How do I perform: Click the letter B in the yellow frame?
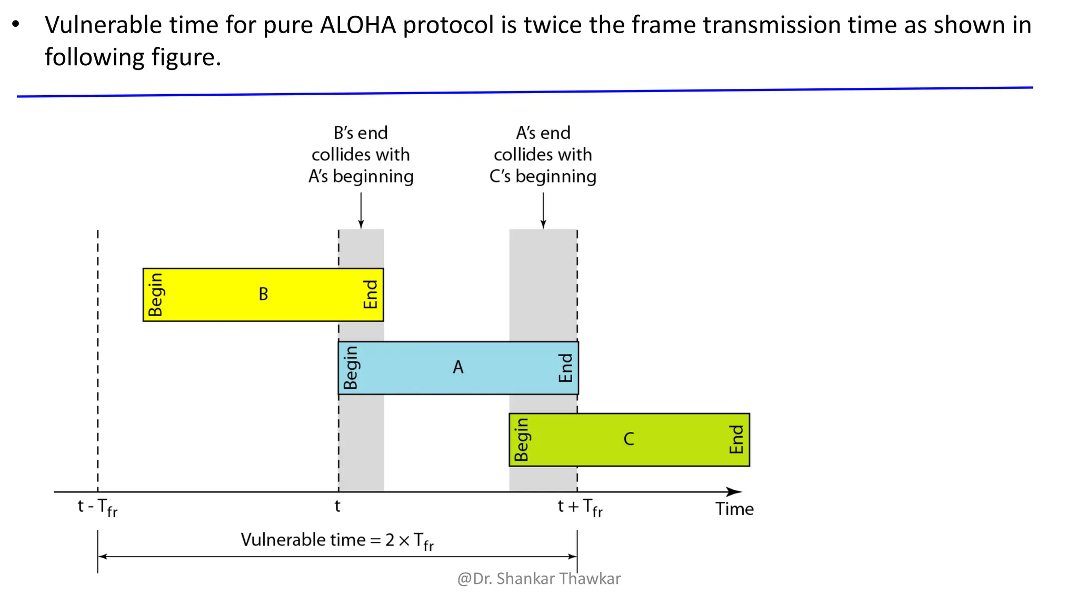tap(263, 294)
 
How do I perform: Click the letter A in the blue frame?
tap(458, 367)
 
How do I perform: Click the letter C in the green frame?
tap(628, 439)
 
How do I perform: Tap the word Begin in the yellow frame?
tap(156, 295)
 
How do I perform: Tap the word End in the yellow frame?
tap(371, 295)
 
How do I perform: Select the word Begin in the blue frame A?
tap(351, 368)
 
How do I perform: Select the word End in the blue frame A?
tap(565, 368)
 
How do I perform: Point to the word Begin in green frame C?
tap(521, 440)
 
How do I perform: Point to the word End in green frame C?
tap(736, 440)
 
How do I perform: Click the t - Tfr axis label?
tap(98, 508)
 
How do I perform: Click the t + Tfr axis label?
tap(580, 508)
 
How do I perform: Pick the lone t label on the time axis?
tap(337, 506)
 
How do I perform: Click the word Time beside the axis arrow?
tap(734, 509)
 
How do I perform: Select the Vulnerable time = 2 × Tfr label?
tap(337, 541)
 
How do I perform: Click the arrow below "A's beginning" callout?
tap(361, 210)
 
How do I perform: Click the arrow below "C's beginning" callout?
tap(543, 210)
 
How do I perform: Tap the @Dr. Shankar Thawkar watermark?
tap(539, 579)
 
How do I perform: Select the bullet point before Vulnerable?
tap(16, 25)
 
